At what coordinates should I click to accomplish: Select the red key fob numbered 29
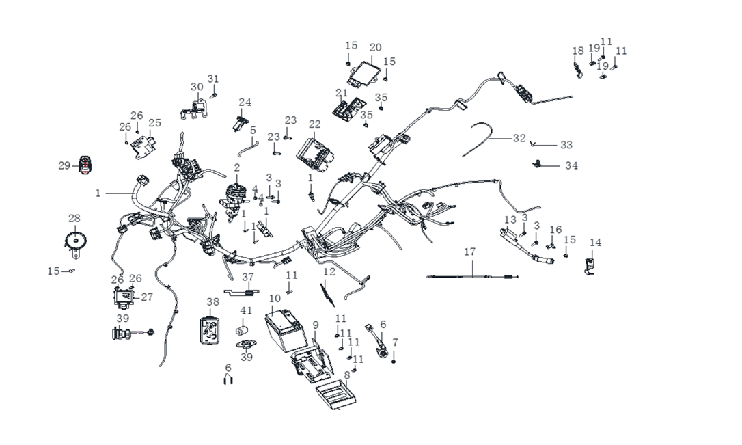coord(85,165)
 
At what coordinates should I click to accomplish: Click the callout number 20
coord(375,47)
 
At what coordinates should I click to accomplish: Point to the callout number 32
coord(519,138)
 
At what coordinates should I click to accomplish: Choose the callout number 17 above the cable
coord(469,252)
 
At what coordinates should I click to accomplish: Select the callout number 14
coord(596,243)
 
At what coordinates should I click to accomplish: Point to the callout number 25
coord(155,123)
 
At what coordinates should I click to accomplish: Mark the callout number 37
coord(248,276)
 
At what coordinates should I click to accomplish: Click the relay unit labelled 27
coord(125,297)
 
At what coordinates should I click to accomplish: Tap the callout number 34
coord(571,165)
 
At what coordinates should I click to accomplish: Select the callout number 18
coord(578,51)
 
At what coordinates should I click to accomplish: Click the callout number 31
coord(213,79)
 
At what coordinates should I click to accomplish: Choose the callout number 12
coord(329,272)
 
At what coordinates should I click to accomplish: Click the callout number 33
coord(566,145)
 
